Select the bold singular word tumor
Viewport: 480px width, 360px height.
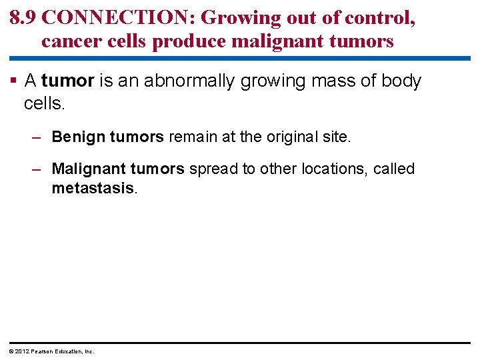coord(68,81)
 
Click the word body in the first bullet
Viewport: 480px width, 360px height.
coord(402,81)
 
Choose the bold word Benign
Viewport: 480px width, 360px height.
coord(79,137)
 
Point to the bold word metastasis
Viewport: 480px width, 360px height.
coord(93,188)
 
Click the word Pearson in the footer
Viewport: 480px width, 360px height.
coord(41,351)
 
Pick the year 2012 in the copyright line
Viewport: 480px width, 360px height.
coord(19,351)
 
